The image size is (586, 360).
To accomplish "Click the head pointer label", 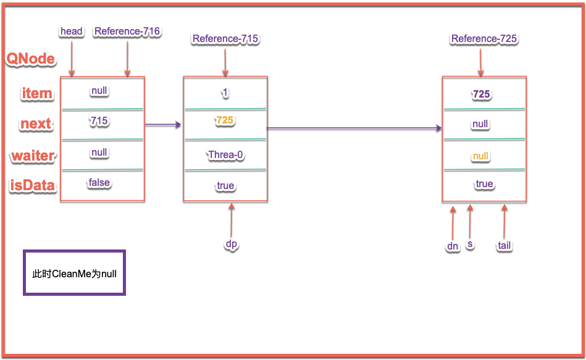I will [x=72, y=31].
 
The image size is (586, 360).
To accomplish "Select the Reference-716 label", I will [x=127, y=31].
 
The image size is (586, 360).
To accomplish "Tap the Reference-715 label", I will [x=225, y=39].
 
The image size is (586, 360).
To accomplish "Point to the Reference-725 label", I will [x=484, y=39].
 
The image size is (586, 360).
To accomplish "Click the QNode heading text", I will [x=31, y=59].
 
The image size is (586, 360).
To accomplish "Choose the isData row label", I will [x=33, y=186].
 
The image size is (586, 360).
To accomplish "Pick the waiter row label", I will [x=33, y=156].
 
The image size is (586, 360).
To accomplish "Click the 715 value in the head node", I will [x=99, y=121].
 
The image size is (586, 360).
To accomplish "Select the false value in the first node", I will [x=99, y=182].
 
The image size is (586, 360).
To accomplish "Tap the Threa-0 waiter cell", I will [x=225, y=154].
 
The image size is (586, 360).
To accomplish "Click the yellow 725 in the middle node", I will [x=225, y=120].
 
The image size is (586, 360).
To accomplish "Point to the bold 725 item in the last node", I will [x=481, y=94].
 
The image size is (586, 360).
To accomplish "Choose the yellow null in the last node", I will [x=480, y=156].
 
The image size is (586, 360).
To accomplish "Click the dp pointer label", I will [x=232, y=244].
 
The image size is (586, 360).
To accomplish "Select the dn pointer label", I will [x=453, y=246].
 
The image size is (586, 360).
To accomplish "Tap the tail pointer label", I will [x=504, y=246].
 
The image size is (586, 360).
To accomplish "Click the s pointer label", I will [x=471, y=245].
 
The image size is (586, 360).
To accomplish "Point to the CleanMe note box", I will [x=74, y=273].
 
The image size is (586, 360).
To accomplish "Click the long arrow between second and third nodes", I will [x=354, y=128].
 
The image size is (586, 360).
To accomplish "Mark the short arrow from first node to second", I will [x=163, y=125].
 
